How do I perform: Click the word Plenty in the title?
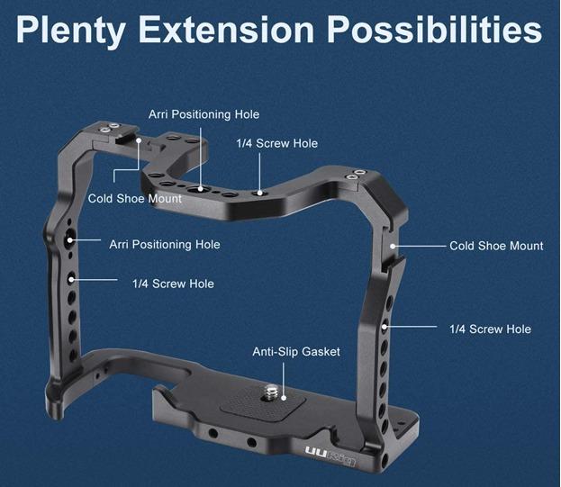(x=70, y=31)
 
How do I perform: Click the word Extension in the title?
(x=226, y=30)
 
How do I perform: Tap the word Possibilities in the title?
(x=434, y=30)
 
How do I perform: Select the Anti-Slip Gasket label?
(x=296, y=352)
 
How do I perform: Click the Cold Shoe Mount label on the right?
(x=496, y=246)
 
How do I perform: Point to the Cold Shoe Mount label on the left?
(x=135, y=198)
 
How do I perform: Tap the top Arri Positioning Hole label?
(x=204, y=114)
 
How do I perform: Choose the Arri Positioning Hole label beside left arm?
(x=165, y=245)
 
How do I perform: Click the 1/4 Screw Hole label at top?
(x=277, y=143)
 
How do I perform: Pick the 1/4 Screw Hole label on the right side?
(x=490, y=329)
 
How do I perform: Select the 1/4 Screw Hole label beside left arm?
(x=173, y=284)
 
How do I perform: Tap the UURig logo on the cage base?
(x=330, y=455)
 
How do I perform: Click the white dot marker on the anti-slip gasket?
(x=284, y=398)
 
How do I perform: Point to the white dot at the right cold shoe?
(x=393, y=246)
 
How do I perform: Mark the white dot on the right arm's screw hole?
(x=385, y=327)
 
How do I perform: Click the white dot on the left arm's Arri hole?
(x=70, y=240)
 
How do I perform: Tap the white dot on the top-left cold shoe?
(x=139, y=140)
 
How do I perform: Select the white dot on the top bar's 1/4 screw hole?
(x=260, y=193)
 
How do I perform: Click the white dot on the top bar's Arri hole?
(x=201, y=188)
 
